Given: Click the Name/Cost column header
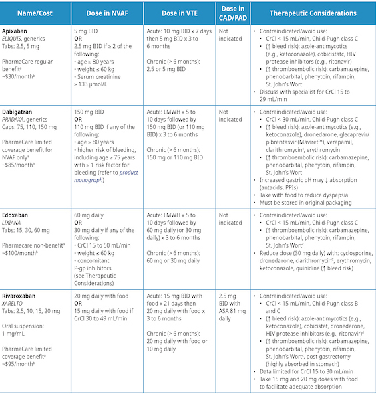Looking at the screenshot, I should tap(35, 13).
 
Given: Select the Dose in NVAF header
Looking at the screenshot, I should tap(106, 13).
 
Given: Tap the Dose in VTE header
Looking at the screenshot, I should tap(178, 13).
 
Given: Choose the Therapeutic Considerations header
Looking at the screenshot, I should tap(312, 13).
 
